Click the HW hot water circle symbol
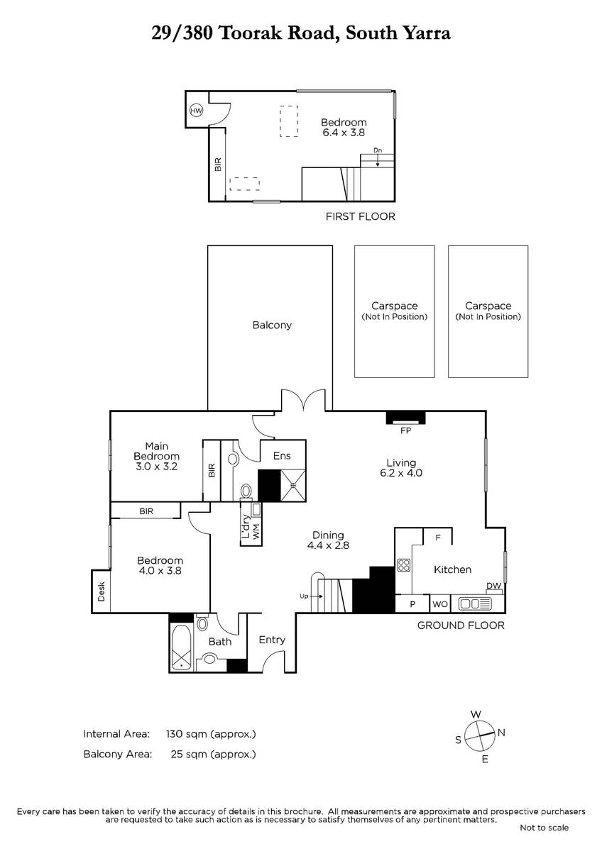(196, 111)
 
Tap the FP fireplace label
(405, 431)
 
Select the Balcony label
(272, 326)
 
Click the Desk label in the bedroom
(101, 591)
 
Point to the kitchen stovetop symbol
(403, 565)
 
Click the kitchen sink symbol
(475, 604)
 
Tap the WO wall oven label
(440, 604)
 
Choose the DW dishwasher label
(493, 586)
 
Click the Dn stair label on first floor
(377, 150)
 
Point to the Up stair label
(304, 596)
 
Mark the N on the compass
(501, 733)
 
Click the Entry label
(272, 640)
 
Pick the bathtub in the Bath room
(182, 647)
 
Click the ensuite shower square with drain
(292, 485)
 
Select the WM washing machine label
(256, 531)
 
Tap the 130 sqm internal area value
(211, 733)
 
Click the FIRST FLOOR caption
(361, 216)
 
